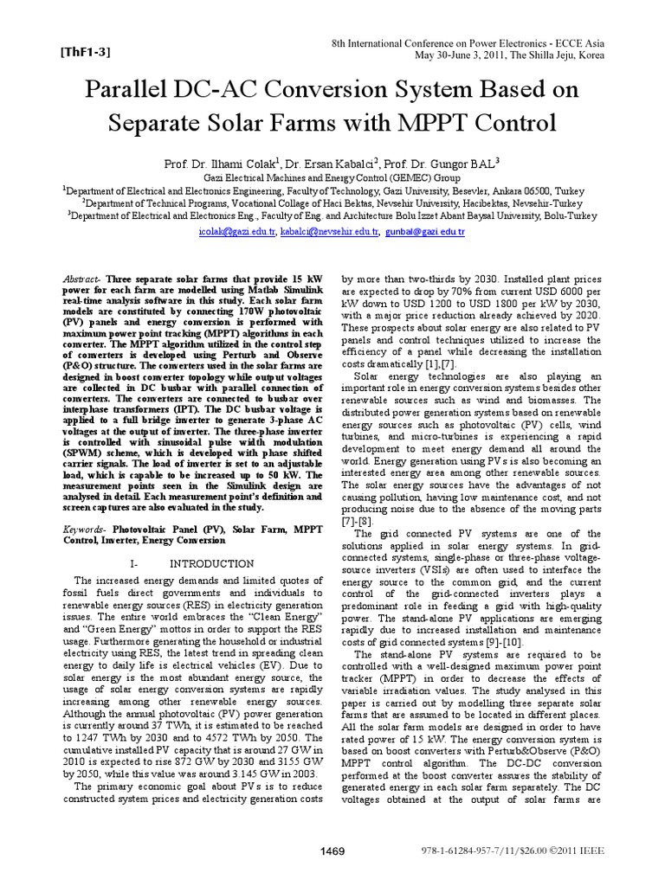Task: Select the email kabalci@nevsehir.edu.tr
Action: (x=330, y=233)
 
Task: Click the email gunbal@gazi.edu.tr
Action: (x=426, y=233)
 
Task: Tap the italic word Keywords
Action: (x=86, y=528)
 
